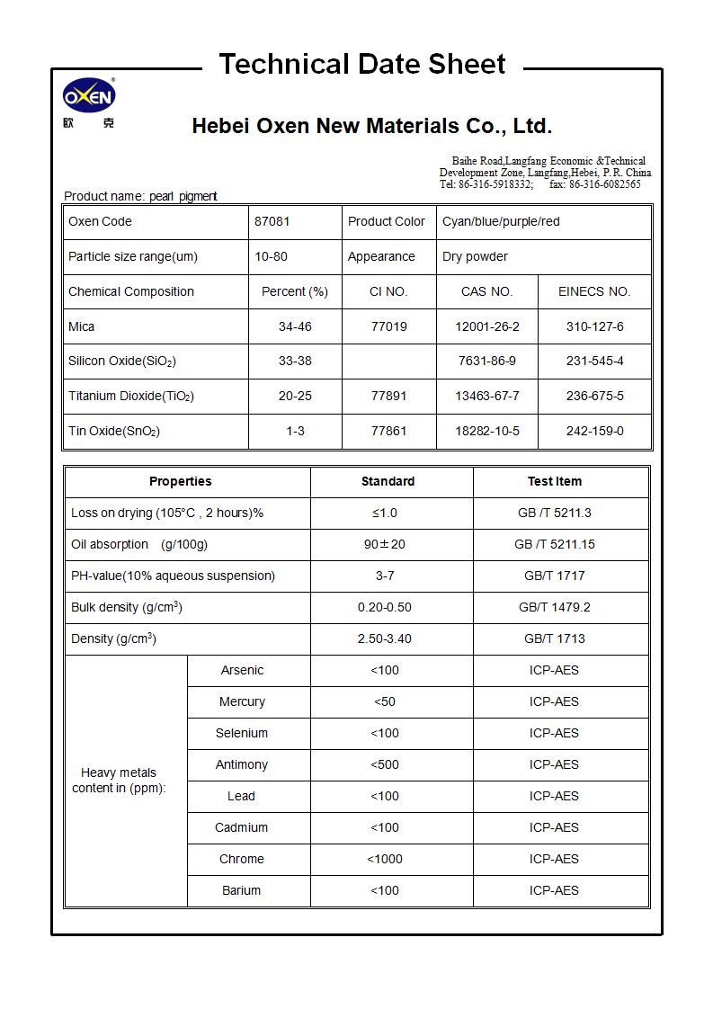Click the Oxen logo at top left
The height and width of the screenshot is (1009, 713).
[x=89, y=97]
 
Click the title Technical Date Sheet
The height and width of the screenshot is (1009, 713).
[x=362, y=65]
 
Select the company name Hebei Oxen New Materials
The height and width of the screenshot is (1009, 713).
[x=371, y=126]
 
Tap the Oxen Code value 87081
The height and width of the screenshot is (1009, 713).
[x=272, y=221]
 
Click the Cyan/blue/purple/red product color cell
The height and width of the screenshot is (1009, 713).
[x=501, y=221]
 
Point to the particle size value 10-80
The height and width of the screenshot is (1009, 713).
[x=271, y=256]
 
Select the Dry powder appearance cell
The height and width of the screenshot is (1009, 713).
[x=475, y=256]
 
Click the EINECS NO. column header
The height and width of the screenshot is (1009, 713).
[x=594, y=291]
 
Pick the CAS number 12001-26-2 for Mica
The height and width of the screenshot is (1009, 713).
[x=487, y=326]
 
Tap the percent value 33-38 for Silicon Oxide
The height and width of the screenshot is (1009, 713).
[x=295, y=361]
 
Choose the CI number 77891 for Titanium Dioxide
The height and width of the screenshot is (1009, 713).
[x=388, y=396]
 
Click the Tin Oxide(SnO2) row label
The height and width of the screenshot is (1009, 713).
[x=114, y=431]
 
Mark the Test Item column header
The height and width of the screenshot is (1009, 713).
[x=554, y=481]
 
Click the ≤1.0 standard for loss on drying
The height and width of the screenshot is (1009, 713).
[x=385, y=513]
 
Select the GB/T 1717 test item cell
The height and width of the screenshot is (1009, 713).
[x=554, y=576]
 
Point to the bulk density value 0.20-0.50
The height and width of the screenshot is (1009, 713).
[x=385, y=607]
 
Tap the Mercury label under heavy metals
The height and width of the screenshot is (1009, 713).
[x=242, y=701]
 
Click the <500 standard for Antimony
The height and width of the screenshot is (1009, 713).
[x=385, y=764]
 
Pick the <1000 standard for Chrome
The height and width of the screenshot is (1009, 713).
[x=385, y=859]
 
